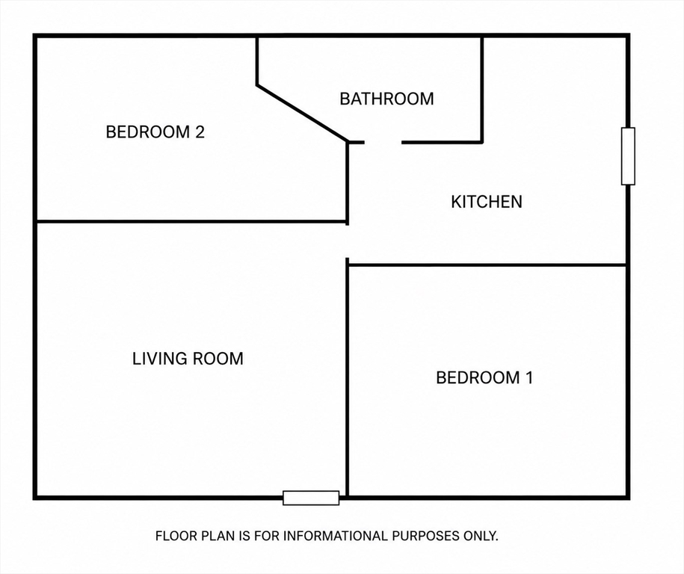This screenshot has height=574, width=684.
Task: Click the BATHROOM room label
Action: (x=386, y=99)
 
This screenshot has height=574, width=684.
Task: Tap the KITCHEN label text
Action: (x=487, y=202)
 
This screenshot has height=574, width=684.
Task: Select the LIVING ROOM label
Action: (x=188, y=359)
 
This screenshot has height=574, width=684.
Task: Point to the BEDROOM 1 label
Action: (x=484, y=377)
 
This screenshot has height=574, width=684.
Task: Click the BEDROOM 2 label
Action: (x=155, y=132)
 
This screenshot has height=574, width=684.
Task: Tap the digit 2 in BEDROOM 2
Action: (x=200, y=132)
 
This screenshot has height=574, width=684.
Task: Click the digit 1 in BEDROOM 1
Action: (x=529, y=377)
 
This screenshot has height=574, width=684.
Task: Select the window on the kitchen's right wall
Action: (x=628, y=156)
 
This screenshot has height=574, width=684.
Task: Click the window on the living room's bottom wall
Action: (x=311, y=498)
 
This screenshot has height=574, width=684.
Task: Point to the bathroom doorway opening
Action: (x=383, y=142)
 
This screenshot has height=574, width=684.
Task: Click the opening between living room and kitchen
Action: (x=348, y=241)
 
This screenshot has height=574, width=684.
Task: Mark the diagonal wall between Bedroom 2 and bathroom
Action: (x=302, y=114)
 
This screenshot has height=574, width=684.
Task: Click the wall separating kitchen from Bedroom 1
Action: (x=487, y=265)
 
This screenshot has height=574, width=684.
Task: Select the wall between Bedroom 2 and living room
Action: (x=191, y=222)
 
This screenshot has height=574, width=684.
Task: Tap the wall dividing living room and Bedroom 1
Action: (x=348, y=377)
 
